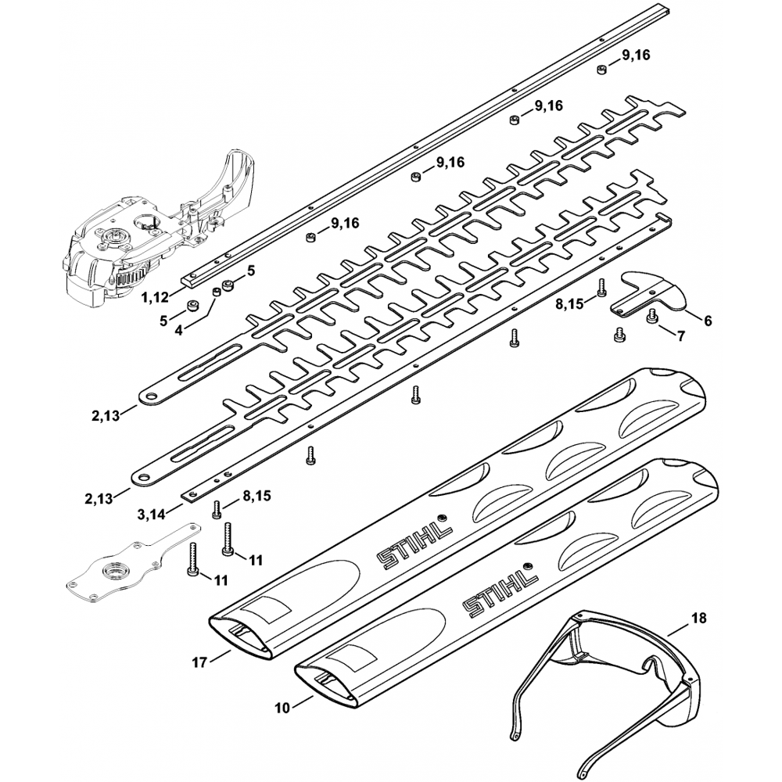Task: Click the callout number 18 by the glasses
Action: [698, 618]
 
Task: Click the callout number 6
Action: [708, 321]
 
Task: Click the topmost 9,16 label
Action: [636, 56]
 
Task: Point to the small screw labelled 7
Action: [651, 316]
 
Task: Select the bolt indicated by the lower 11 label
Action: [193, 561]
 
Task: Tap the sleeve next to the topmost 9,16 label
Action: [602, 70]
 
